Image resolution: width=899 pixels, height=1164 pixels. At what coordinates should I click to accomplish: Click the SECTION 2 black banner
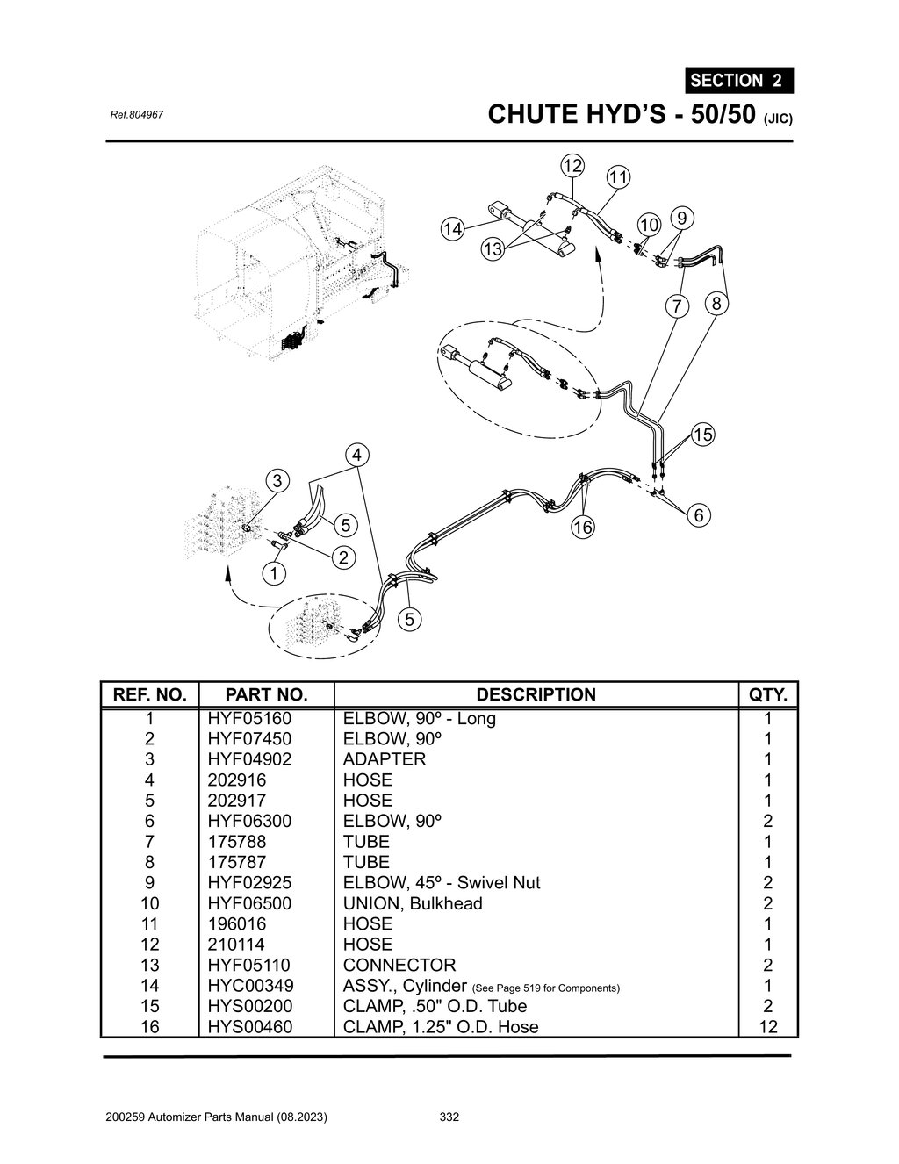(x=738, y=80)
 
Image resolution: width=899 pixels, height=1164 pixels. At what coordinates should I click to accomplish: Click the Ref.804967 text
(x=135, y=115)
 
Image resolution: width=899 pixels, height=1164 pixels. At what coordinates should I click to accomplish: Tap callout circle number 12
(x=572, y=165)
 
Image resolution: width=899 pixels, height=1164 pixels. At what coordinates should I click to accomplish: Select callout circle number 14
(x=452, y=229)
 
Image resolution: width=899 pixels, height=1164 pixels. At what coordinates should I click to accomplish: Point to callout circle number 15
(x=703, y=434)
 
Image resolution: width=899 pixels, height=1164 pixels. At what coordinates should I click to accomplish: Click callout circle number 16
(x=582, y=527)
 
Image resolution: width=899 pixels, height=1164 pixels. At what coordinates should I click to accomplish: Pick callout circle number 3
(x=277, y=480)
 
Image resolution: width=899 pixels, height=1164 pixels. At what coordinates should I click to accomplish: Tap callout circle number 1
(x=274, y=573)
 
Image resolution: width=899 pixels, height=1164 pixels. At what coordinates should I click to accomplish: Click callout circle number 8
(x=716, y=304)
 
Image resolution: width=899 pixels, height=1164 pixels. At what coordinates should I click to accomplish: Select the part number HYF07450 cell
(x=249, y=739)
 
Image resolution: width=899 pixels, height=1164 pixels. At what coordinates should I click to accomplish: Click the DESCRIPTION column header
(x=536, y=694)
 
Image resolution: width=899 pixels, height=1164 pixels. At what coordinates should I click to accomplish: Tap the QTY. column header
(x=767, y=694)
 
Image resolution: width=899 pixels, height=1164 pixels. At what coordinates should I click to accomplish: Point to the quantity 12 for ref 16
(x=767, y=1027)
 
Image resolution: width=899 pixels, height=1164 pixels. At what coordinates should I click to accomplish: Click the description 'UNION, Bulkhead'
(x=413, y=903)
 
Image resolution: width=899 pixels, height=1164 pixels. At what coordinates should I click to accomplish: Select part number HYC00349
(x=250, y=986)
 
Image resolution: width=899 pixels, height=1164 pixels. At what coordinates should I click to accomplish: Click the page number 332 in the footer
(x=449, y=1117)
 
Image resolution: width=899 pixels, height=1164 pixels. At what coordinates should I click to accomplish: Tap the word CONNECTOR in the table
(x=399, y=965)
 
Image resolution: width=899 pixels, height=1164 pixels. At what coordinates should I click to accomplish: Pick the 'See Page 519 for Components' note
(x=545, y=988)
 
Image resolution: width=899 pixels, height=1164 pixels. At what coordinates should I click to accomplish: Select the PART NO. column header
(x=266, y=694)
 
